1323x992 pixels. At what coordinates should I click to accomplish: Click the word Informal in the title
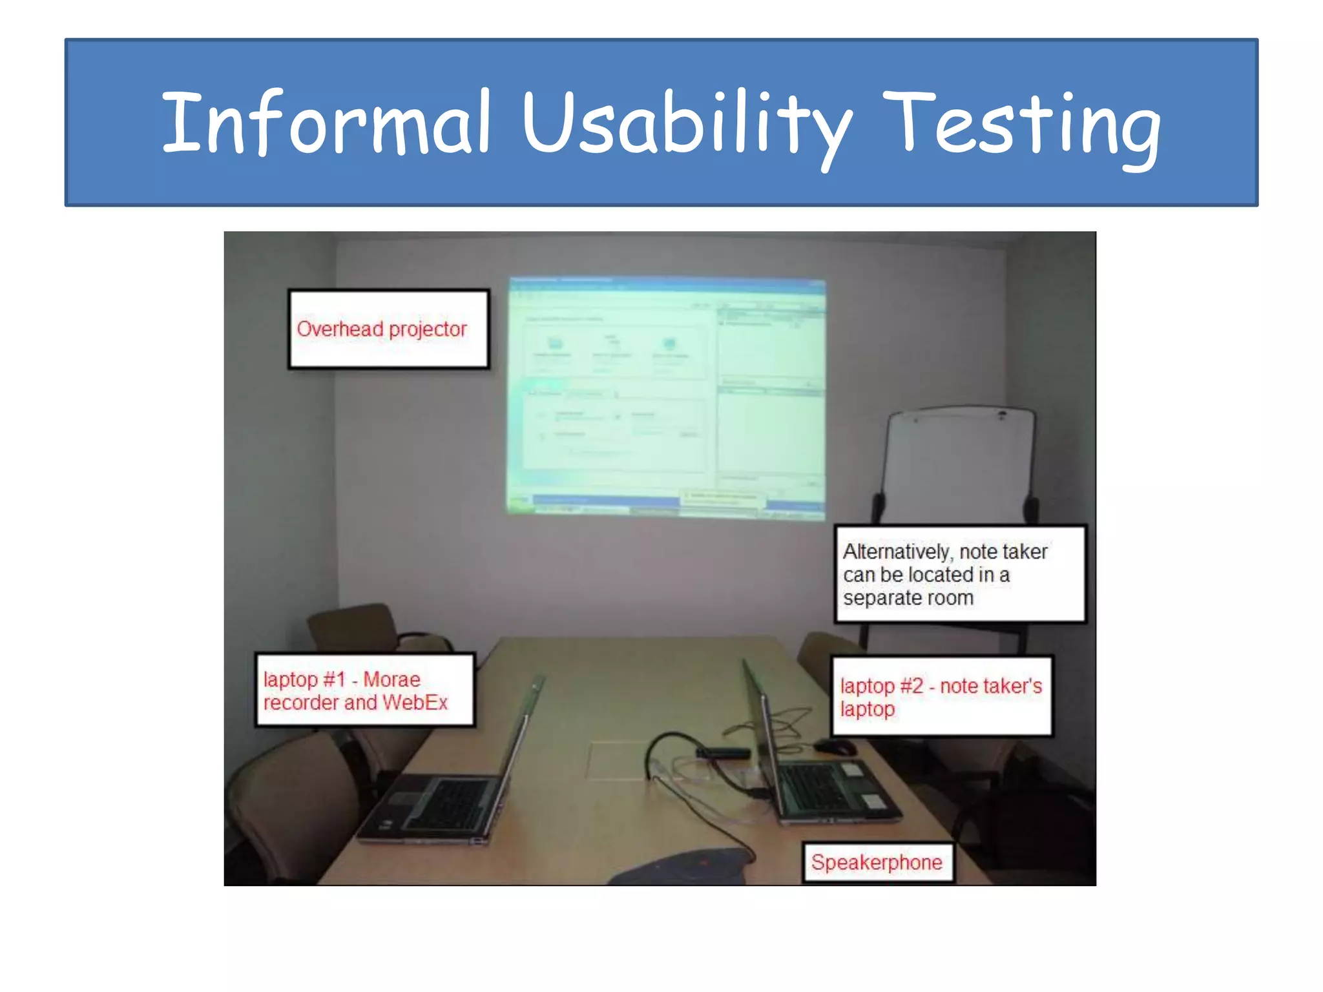pos(326,123)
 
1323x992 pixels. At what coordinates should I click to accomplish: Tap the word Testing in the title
pos(1021,123)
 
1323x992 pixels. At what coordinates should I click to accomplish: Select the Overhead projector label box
pos(388,329)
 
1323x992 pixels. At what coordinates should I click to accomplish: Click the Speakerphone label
pos(877,862)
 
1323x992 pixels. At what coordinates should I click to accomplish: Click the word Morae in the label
pos(391,679)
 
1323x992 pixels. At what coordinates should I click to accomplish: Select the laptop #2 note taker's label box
pos(941,697)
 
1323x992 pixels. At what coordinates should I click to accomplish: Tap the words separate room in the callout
pos(908,598)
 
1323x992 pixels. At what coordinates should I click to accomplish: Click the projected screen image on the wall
pos(665,397)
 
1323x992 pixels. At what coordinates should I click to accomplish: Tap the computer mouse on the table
pos(835,748)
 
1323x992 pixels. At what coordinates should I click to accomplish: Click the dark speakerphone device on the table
pos(685,869)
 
